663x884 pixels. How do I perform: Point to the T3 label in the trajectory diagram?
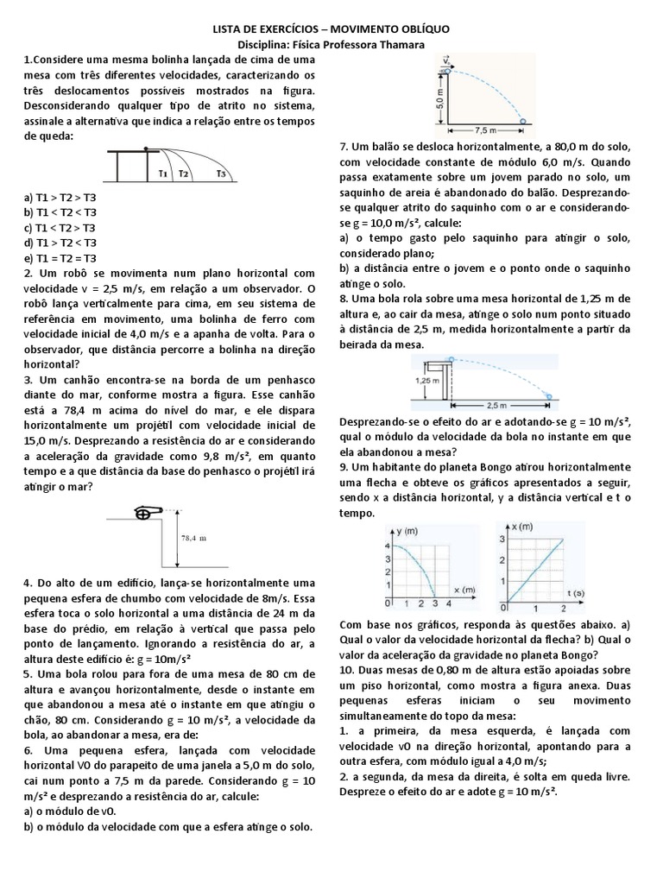coord(221,174)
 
